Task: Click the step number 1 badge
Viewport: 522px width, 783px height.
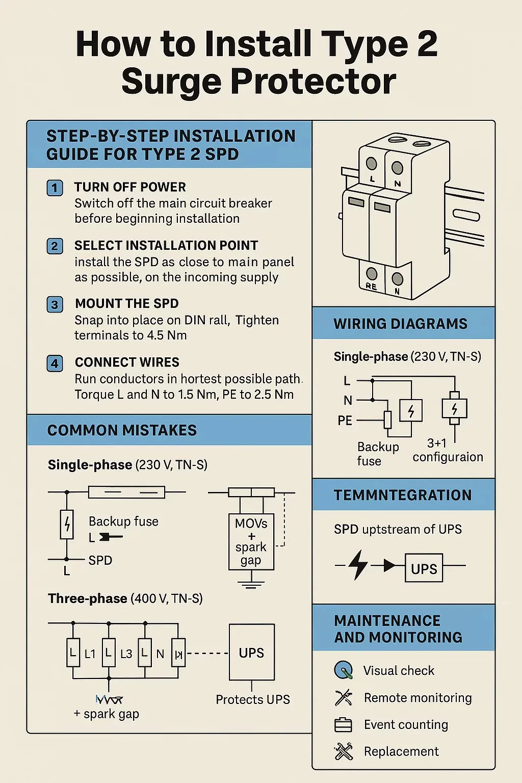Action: (x=55, y=188)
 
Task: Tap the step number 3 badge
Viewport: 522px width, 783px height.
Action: (x=55, y=305)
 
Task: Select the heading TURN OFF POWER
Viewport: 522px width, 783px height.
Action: (x=130, y=187)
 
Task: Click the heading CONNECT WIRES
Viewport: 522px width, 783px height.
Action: (x=127, y=362)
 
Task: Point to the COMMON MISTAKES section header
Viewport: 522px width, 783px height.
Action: (x=122, y=430)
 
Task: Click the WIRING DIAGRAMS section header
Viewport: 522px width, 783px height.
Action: (x=400, y=324)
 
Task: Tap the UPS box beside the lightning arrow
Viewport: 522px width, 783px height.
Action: (x=424, y=568)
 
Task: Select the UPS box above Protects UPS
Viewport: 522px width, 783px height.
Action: (x=252, y=652)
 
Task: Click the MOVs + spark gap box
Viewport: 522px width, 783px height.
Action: (x=251, y=541)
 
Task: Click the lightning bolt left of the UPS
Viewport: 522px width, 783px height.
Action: (x=359, y=564)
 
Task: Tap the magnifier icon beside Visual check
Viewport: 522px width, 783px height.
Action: (x=343, y=670)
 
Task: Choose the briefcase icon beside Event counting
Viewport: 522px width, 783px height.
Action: (x=343, y=724)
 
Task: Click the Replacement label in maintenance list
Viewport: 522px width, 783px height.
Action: (x=401, y=751)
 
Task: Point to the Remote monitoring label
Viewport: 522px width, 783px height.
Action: (x=417, y=698)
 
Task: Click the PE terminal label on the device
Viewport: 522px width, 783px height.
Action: (x=371, y=286)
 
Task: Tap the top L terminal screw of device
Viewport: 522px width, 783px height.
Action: (x=372, y=164)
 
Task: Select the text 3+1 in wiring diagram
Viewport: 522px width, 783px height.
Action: (x=436, y=443)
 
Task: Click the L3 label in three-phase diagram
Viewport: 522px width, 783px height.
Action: (x=126, y=654)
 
